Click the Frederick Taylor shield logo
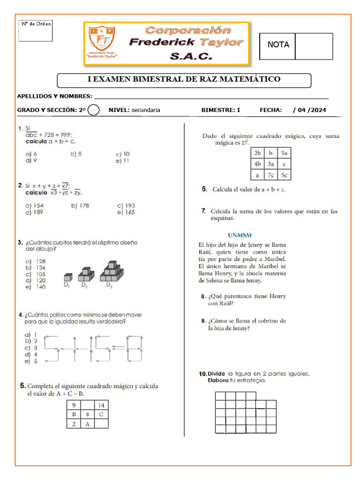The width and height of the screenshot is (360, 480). tap(102, 41)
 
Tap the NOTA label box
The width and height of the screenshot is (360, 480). tap(278, 45)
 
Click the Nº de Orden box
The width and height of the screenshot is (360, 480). tap(36, 30)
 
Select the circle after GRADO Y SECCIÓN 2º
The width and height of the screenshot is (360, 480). tap(94, 110)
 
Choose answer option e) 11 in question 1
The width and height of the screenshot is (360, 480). tap(122, 161)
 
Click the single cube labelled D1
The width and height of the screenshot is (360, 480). tap(67, 277)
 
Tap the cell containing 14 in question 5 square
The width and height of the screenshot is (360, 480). tap(101, 405)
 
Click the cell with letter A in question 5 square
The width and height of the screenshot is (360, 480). tap(87, 424)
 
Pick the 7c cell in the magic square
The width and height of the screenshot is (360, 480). tap(271, 175)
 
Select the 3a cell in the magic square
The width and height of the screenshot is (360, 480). tap(271, 164)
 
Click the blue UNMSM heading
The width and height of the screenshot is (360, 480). tap(240, 235)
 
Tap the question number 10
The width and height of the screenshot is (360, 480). tap(202, 374)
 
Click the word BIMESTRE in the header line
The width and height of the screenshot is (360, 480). tap(218, 110)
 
